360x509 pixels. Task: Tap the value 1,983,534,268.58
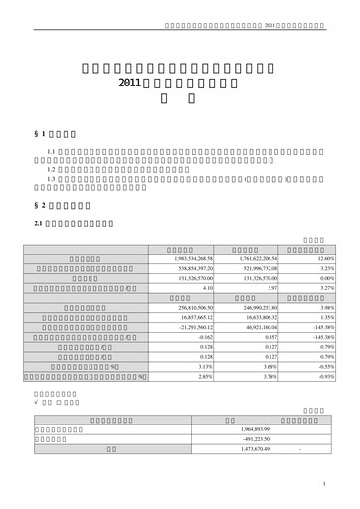[x=179, y=258]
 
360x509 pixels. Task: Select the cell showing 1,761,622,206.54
[x=244, y=258]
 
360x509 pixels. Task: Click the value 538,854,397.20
[x=181, y=268]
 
